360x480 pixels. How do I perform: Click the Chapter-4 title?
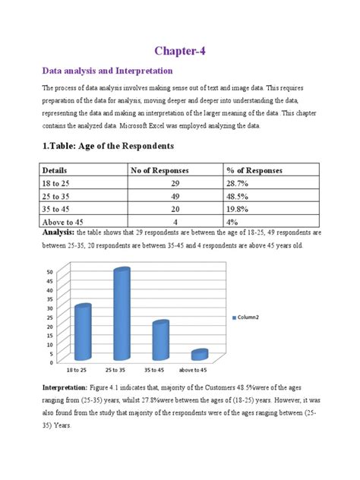coord(179,50)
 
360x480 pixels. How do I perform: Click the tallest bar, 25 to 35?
coord(122,314)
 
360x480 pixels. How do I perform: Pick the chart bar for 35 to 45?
coord(160,339)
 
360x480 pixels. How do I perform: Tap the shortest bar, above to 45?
coord(198,355)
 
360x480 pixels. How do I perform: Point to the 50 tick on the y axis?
coord(49,272)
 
